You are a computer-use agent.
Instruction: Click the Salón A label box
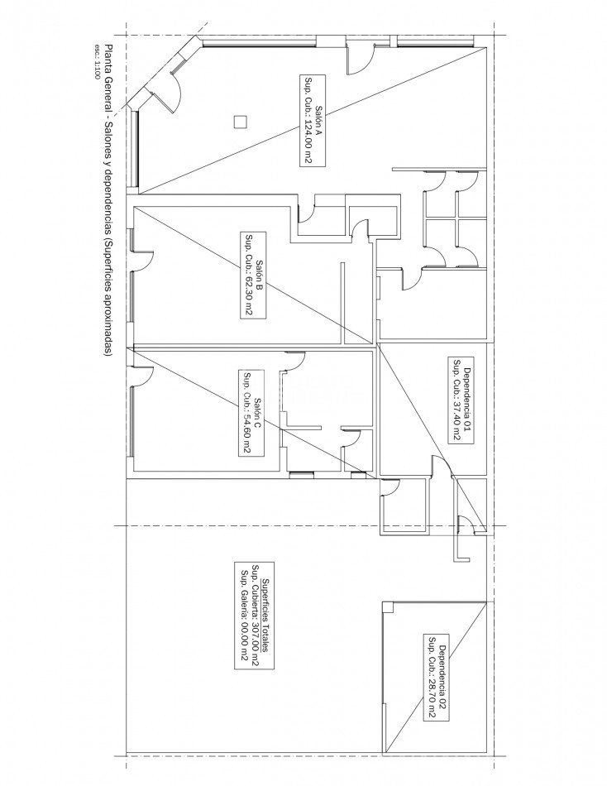pyautogui.click(x=313, y=120)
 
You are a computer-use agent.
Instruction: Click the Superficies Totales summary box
pyautogui.click(x=254, y=616)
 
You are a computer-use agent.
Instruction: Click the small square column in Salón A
pyautogui.click(x=240, y=122)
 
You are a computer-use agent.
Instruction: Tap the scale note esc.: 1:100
pyautogui.click(x=97, y=62)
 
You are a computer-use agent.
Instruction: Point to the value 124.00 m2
pyautogui.click(x=306, y=141)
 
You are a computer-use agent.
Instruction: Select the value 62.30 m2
pyautogui.click(x=246, y=295)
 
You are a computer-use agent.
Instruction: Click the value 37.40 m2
pyautogui.click(x=456, y=420)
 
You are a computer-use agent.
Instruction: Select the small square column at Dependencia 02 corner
pyautogui.click(x=388, y=607)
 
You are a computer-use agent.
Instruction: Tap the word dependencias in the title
pyautogui.click(x=109, y=203)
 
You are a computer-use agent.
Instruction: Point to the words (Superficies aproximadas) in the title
pyautogui.click(x=109, y=297)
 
